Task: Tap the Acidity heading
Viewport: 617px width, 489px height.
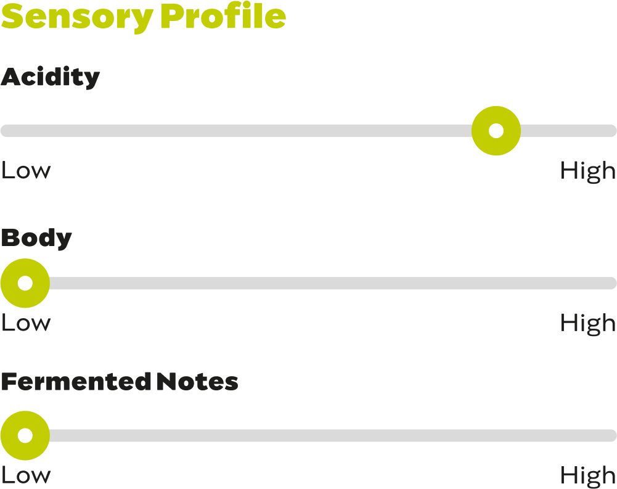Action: (x=50, y=78)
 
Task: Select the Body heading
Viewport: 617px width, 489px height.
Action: (x=36, y=238)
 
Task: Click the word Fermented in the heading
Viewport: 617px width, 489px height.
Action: (x=76, y=382)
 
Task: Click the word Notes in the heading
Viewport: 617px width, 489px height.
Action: (x=197, y=382)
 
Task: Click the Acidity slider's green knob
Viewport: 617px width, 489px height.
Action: (x=496, y=131)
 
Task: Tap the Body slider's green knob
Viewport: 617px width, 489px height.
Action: (x=25, y=283)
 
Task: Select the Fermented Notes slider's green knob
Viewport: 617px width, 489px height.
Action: (x=25, y=435)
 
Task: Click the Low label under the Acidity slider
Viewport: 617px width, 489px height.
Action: (x=26, y=171)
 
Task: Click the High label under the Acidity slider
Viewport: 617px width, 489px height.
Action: (x=588, y=171)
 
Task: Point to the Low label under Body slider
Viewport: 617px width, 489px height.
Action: (x=26, y=323)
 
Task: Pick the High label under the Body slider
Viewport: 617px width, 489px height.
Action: (x=588, y=323)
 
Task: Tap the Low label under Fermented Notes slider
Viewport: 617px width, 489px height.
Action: (x=26, y=475)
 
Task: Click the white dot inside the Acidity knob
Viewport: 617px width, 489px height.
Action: (x=496, y=131)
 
